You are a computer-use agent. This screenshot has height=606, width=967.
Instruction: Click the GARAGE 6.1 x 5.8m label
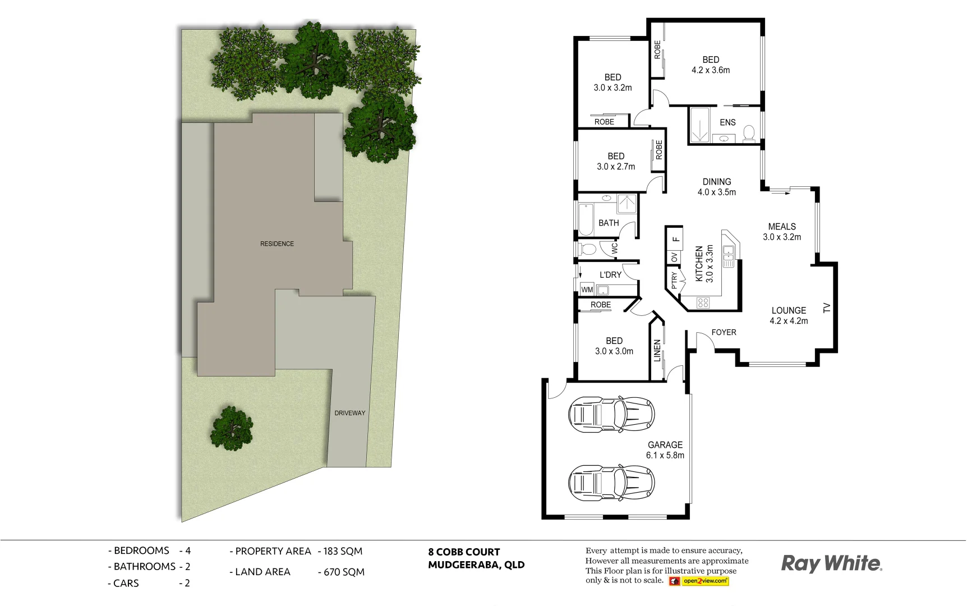tap(665, 450)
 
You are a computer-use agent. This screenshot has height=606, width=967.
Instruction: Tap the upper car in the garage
tap(611, 415)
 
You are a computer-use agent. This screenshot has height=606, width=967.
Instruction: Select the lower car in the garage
tap(611, 483)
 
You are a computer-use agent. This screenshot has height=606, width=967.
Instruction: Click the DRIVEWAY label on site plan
tap(349, 413)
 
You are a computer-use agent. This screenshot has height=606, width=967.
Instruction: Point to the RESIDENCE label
tap(277, 244)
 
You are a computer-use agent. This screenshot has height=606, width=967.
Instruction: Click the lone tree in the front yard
tap(231, 428)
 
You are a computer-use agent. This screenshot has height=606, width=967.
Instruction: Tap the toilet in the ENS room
tap(748, 132)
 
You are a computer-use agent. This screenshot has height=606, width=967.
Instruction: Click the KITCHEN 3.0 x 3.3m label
tap(704, 264)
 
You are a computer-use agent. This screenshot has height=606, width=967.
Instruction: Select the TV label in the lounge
tap(826, 307)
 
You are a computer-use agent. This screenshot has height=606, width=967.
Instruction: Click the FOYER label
tap(724, 332)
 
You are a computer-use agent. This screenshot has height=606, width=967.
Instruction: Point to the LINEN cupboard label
tap(657, 351)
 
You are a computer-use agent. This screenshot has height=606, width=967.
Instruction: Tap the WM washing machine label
tap(587, 290)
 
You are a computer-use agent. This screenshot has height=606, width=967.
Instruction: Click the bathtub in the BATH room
tap(586, 219)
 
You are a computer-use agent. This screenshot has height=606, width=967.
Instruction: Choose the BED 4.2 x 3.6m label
tap(711, 65)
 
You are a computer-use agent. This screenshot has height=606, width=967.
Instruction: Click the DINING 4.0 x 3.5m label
tap(716, 187)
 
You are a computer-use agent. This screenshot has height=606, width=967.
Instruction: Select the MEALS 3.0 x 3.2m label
tap(781, 232)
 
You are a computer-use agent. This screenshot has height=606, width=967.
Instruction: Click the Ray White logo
tap(831, 563)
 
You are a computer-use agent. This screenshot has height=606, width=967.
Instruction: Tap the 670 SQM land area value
tap(344, 572)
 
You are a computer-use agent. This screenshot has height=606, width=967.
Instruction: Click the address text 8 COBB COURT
tap(464, 552)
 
